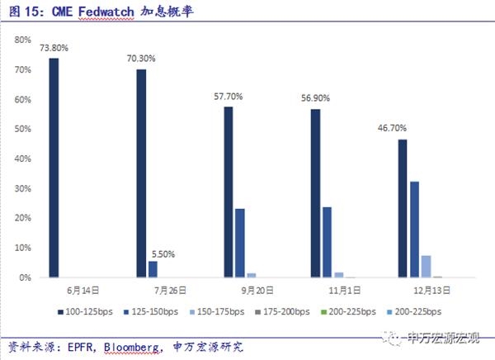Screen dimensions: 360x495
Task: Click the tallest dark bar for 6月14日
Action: pos(54,168)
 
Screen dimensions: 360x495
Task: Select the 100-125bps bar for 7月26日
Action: pos(141,173)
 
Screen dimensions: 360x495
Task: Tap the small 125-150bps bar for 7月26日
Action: pos(152,269)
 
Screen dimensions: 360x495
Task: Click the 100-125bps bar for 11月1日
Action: pos(315,193)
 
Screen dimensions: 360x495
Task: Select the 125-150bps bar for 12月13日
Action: pos(414,230)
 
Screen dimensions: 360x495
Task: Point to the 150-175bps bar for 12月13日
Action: pos(426,266)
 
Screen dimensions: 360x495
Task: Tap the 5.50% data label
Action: pos(161,253)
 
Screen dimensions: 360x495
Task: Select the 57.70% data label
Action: pos(229,97)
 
